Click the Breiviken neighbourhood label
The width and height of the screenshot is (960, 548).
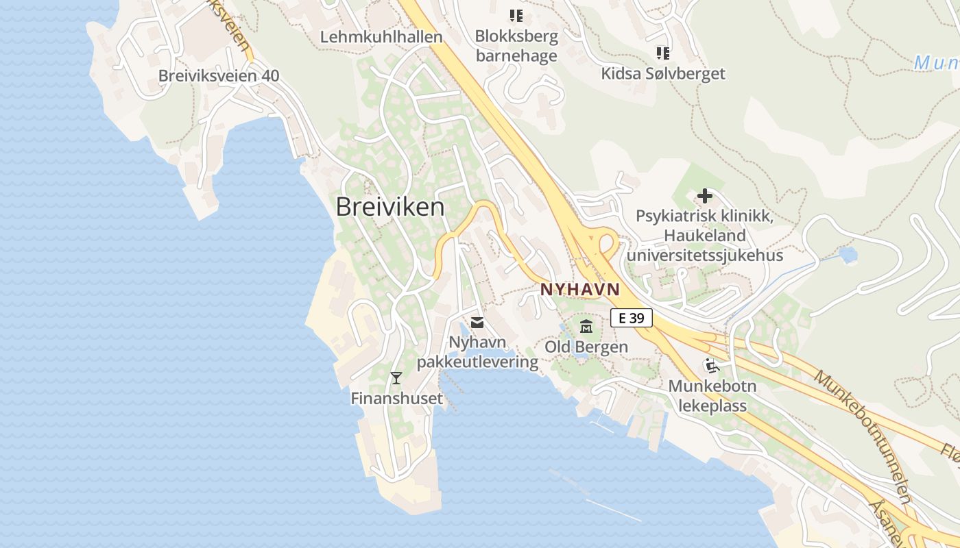click(389, 207)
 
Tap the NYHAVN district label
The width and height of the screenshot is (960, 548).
click(579, 289)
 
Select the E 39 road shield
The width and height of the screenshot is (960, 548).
click(631, 318)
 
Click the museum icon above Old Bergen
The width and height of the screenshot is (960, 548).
click(586, 326)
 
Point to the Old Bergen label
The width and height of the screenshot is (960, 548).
click(586, 347)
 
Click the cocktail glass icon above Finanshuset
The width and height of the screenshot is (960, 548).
click(396, 377)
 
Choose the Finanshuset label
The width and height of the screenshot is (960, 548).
click(396, 398)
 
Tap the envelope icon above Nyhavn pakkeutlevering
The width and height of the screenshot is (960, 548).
click(477, 322)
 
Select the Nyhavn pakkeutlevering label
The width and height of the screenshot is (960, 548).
click(477, 351)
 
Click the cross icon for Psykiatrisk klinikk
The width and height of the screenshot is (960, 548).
click(704, 197)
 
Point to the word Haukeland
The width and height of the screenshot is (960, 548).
click(704, 236)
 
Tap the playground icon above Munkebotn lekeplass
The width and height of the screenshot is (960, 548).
click(712, 366)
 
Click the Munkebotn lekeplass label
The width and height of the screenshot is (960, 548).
click(712, 395)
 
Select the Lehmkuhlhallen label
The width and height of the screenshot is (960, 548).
click(381, 37)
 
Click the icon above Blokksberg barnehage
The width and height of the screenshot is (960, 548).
click(516, 15)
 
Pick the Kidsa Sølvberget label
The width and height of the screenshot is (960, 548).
click(662, 73)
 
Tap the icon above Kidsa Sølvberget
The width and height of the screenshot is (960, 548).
click(662, 53)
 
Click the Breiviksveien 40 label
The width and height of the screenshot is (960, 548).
click(219, 75)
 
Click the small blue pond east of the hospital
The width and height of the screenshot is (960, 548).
click(848, 255)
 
